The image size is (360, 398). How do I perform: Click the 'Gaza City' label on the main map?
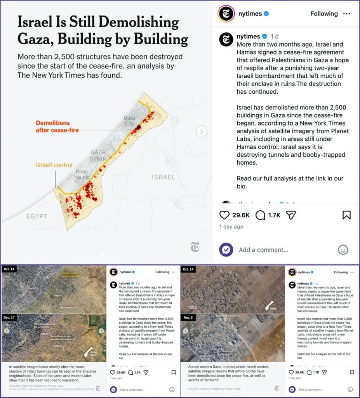(129, 121)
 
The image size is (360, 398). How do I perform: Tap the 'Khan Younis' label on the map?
(82, 175)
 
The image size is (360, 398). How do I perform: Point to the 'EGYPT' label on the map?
(37, 216)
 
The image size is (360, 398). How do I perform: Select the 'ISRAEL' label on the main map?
(163, 177)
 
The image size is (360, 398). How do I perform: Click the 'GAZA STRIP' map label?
(98, 155)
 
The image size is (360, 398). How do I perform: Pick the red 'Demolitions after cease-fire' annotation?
(57, 126)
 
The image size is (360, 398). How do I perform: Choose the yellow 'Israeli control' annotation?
(54, 165)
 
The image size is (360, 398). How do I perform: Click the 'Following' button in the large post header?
(324, 14)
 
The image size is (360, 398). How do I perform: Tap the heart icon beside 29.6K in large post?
(224, 215)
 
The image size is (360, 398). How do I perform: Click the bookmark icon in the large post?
(346, 215)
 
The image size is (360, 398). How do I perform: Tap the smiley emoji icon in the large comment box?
(343, 250)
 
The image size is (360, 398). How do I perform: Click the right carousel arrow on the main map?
(202, 131)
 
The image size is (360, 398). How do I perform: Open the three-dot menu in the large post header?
(346, 14)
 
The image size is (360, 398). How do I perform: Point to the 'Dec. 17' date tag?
(9, 317)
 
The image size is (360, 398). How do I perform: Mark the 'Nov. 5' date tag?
(188, 317)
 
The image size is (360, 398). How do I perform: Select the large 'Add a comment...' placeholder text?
(263, 250)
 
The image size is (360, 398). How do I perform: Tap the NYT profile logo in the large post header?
(226, 14)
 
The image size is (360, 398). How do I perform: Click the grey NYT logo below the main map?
(195, 246)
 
